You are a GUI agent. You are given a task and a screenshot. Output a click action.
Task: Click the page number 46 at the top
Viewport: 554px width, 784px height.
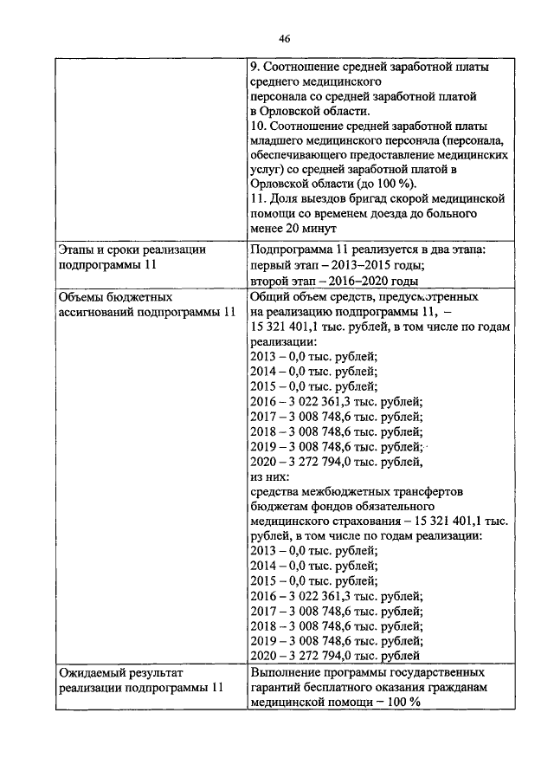[284, 37]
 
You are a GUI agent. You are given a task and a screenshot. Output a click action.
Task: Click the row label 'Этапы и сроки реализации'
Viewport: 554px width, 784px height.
[132, 249]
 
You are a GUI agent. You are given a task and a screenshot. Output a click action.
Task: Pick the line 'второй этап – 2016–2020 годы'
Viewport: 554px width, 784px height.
[333, 281]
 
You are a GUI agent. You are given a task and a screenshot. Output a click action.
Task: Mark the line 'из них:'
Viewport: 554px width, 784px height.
[269, 476]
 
